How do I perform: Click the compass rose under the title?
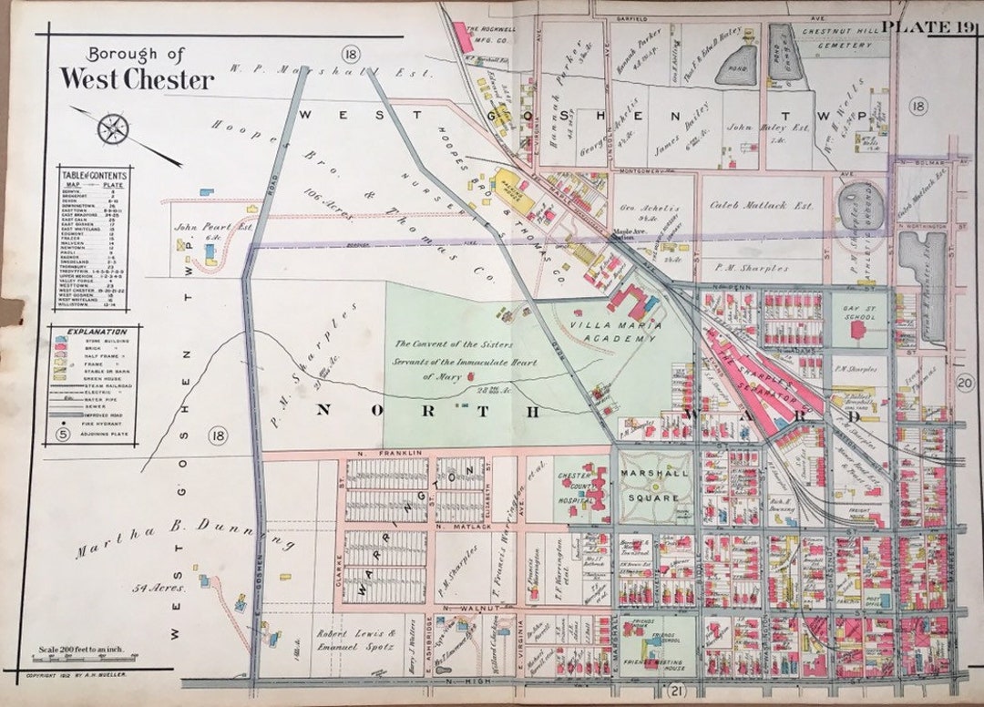[x=113, y=128]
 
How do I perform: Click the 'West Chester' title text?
[x=137, y=79]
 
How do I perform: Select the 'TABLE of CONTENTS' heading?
[x=93, y=174]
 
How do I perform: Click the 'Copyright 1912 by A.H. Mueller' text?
[x=77, y=675]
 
